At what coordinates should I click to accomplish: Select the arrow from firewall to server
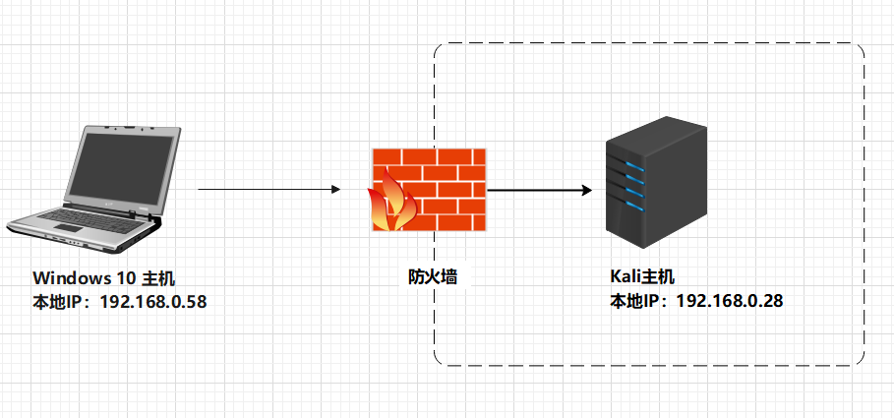pos(539,190)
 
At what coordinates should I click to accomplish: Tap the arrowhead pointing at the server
pos(586,190)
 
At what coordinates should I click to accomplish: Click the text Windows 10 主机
pos(104,279)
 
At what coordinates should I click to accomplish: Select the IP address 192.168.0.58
pos(149,301)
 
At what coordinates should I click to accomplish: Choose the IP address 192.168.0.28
pos(730,301)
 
